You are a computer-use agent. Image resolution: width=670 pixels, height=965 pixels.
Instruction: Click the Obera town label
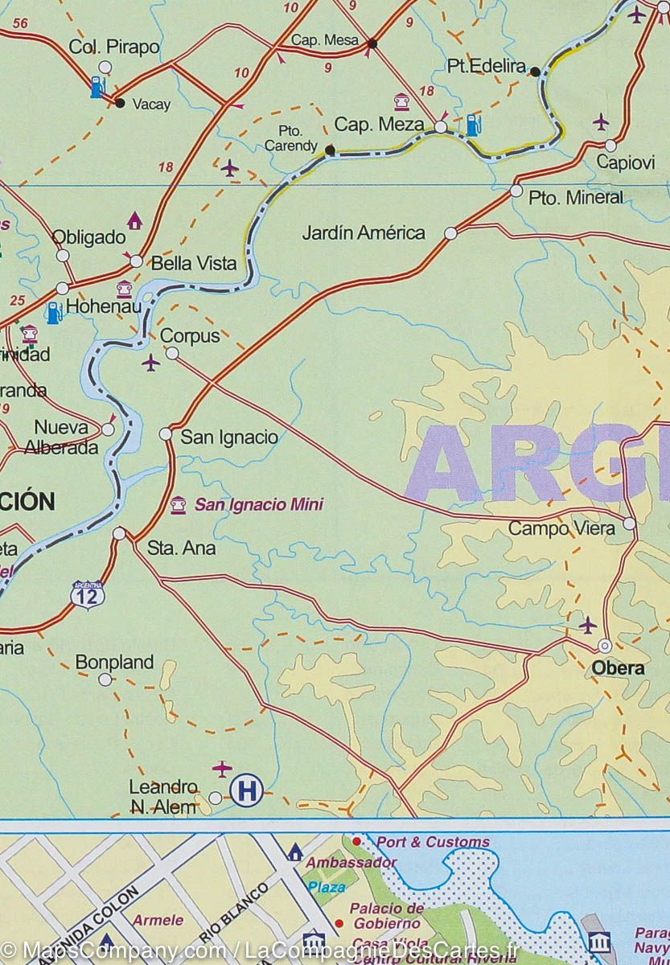[618, 668]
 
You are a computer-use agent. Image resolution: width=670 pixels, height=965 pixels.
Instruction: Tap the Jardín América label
[364, 233]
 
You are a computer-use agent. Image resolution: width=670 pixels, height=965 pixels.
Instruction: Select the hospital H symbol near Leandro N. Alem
[246, 791]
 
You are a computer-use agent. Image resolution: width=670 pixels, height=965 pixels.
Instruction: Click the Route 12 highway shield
[87, 595]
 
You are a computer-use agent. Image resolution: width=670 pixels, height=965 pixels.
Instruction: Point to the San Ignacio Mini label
[258, 505]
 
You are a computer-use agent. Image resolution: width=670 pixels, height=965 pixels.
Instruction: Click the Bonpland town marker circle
[105, 680]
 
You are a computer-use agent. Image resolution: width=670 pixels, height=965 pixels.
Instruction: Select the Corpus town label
[190, 336]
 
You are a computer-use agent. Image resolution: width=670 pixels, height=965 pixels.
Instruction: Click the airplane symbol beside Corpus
[150, 363]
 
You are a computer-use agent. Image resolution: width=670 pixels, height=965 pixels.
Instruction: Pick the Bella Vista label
[195, 263]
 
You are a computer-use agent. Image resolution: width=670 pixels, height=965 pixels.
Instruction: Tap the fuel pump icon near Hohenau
[54, 312]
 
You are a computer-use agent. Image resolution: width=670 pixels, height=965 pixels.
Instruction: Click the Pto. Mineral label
[576, 198]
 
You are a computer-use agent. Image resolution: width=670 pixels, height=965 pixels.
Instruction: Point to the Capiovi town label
[626, 162]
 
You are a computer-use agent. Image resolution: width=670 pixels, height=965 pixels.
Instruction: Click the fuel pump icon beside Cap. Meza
[474, 125]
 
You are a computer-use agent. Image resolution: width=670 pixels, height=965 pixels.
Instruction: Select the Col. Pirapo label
[114, 47]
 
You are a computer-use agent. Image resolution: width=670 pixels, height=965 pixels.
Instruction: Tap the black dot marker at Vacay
[120, 103]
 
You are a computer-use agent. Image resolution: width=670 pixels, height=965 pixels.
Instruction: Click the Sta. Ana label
[182, 548]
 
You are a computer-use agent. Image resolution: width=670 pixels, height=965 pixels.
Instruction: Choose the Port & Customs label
[433, 842]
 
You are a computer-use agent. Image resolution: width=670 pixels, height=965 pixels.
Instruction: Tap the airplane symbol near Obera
[588, 625]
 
